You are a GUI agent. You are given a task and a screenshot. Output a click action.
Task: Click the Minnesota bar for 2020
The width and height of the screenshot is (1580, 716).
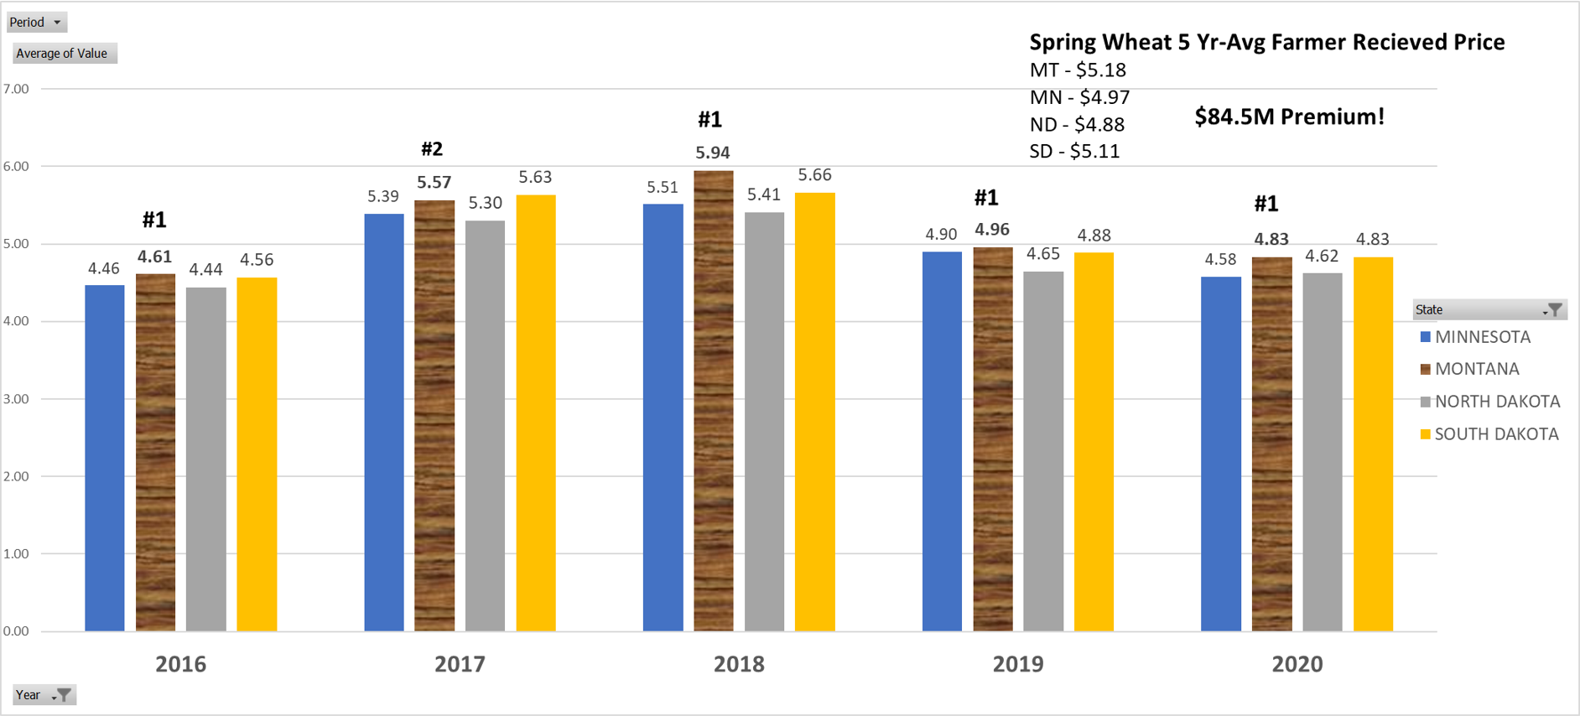(x=1221, y=454)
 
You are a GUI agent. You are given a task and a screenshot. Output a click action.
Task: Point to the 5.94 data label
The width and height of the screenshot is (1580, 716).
(x=713, y=153)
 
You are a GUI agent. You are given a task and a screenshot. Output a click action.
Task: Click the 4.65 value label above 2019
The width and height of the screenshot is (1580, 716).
(x=1043, y=254)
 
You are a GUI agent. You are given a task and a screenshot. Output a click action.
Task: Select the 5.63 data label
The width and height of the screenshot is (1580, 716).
(x=535, y=177)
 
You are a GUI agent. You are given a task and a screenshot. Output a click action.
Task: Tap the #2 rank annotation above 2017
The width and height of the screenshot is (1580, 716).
(x=432, y=149)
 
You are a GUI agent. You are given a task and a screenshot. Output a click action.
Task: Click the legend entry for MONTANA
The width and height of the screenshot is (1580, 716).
(x=1476, y=369)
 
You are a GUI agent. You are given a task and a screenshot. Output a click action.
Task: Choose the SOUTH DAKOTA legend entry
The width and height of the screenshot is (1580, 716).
(x=1495, y=434)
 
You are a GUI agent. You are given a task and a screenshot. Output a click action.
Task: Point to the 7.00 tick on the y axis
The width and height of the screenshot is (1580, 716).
(x=16, y=89)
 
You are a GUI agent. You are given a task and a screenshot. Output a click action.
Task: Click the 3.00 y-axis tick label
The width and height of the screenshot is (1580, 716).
(x=16, y=399)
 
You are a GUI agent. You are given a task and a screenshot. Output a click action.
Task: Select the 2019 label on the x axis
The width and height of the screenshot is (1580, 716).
(x=1018, y=664)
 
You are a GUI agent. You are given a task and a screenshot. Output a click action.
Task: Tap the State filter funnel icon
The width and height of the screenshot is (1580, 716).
(x=1555, y=310)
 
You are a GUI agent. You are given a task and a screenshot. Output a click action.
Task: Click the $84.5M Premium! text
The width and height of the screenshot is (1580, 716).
(x=1289, y=117)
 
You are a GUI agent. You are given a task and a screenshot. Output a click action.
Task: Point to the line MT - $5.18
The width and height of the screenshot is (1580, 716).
(x=1078, y=70)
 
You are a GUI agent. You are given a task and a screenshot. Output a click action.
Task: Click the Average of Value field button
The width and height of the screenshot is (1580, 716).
(x=63, y=54)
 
